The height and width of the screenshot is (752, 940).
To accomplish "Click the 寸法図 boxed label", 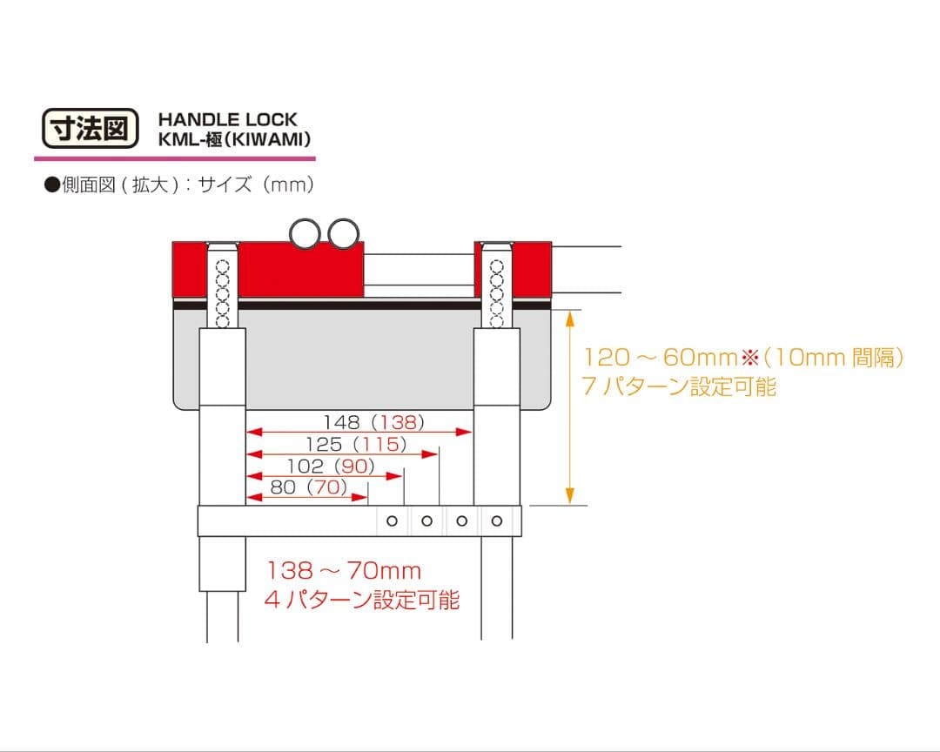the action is (90, 128).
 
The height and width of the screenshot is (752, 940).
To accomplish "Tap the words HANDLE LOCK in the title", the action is (228, 119).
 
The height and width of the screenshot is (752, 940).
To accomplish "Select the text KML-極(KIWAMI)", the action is (234, 140).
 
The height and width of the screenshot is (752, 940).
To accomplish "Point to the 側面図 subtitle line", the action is (179, 185).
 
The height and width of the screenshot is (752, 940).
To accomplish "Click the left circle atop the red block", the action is (306, 233).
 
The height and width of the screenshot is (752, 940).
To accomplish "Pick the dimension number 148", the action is (342, 422).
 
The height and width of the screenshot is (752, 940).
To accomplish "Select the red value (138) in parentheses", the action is (398, 422).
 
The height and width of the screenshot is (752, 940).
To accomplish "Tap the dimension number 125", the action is (324, 445).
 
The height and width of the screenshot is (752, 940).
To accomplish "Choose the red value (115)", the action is (379, 445).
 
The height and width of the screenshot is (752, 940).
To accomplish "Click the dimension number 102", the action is (305, 466).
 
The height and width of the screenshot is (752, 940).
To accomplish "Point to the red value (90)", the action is (354, 466).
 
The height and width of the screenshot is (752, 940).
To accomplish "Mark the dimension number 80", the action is (283, 487).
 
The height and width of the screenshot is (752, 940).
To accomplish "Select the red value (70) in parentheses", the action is (327, 487).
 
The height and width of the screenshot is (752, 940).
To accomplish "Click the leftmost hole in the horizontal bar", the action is (392, 521).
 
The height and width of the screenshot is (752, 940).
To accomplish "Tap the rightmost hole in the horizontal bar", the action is (496, 521).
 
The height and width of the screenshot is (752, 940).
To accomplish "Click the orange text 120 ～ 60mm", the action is (661, 358).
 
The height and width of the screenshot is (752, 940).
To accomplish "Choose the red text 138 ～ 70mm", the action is (344, 571).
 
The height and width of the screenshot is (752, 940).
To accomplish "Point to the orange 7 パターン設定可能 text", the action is (679, 386).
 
